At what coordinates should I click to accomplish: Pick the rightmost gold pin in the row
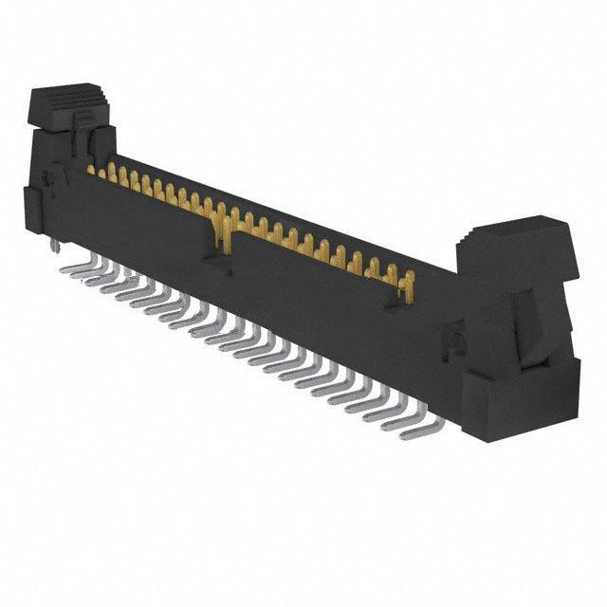[x=409, y=282]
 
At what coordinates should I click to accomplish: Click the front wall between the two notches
[x=313, y=285]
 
